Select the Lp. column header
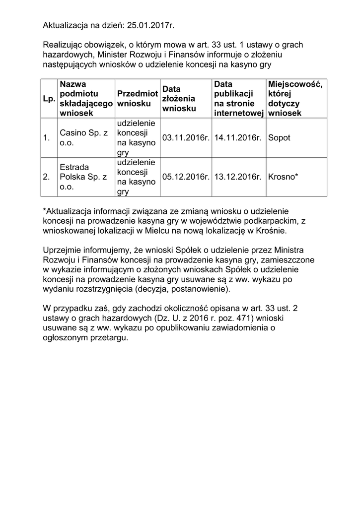[49, 99]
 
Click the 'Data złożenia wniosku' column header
[179, 99]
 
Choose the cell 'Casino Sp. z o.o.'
[83, 138]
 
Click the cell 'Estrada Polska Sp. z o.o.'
[83, 176]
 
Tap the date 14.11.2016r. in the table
[238, 138]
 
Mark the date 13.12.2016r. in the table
[238, 176]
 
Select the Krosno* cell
[283, 176]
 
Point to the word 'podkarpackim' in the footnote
[274, 221]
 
